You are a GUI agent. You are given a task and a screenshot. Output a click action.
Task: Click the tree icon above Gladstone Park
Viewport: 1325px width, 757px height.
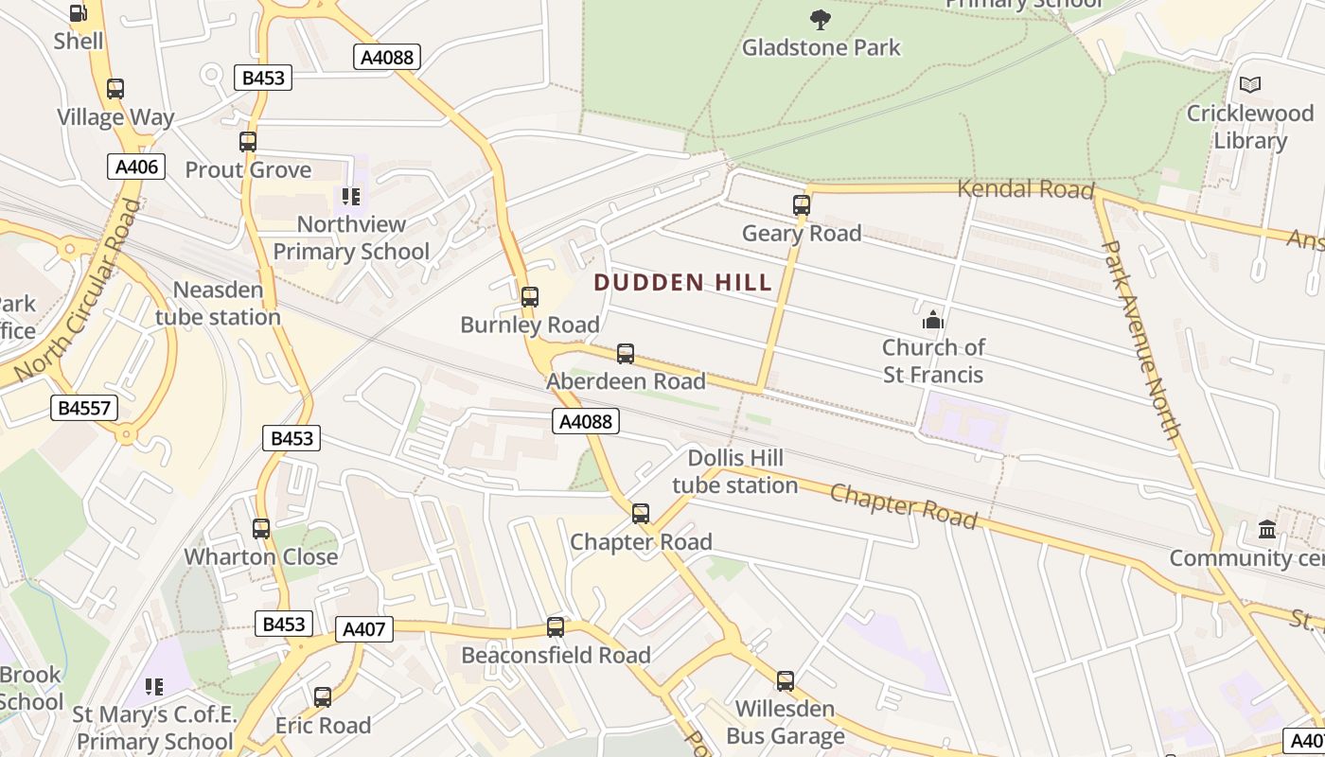click(821, 18)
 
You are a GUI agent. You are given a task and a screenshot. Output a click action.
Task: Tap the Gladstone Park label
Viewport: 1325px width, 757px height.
click(821, 47)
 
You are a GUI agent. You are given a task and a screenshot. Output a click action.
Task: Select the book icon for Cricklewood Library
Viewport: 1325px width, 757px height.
click(1250, 85)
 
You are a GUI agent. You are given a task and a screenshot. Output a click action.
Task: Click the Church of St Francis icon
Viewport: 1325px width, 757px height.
click(933, 319)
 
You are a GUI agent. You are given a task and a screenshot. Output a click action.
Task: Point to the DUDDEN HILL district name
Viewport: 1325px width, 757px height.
click(683, 282)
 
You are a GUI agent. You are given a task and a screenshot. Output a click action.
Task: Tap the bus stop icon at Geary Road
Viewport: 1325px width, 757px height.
click(802, 205)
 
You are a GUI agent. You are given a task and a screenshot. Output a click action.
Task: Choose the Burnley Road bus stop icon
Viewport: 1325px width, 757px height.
click(530, 297)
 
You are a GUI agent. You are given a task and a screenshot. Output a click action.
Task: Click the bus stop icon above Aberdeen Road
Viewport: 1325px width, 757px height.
click(626, 354)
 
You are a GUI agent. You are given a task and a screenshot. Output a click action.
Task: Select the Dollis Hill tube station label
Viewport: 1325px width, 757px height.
click(735, 472)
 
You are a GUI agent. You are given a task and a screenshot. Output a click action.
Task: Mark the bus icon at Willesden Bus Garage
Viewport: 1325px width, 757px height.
click(786, 681)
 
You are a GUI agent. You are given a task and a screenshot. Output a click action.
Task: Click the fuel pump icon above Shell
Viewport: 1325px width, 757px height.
click(79, 13)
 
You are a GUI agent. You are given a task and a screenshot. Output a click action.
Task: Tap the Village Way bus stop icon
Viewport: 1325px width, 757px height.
click(115, 89)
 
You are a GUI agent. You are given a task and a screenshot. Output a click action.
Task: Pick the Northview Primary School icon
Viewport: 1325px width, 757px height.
click(351, 197)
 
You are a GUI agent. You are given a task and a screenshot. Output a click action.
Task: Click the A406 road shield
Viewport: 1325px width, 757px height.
click(136, 167)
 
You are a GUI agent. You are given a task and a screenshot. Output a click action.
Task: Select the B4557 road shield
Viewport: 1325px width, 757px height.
click(84, 409)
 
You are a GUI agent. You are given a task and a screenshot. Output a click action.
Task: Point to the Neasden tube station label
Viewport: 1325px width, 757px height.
click(219, 303)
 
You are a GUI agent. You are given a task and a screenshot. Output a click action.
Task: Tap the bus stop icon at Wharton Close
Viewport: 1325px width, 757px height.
click(261, 529)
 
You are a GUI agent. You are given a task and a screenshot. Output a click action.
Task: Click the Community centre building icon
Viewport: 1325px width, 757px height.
click(1267, 530)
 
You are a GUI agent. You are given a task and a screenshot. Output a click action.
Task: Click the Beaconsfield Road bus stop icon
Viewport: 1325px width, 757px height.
click(556, 627)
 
